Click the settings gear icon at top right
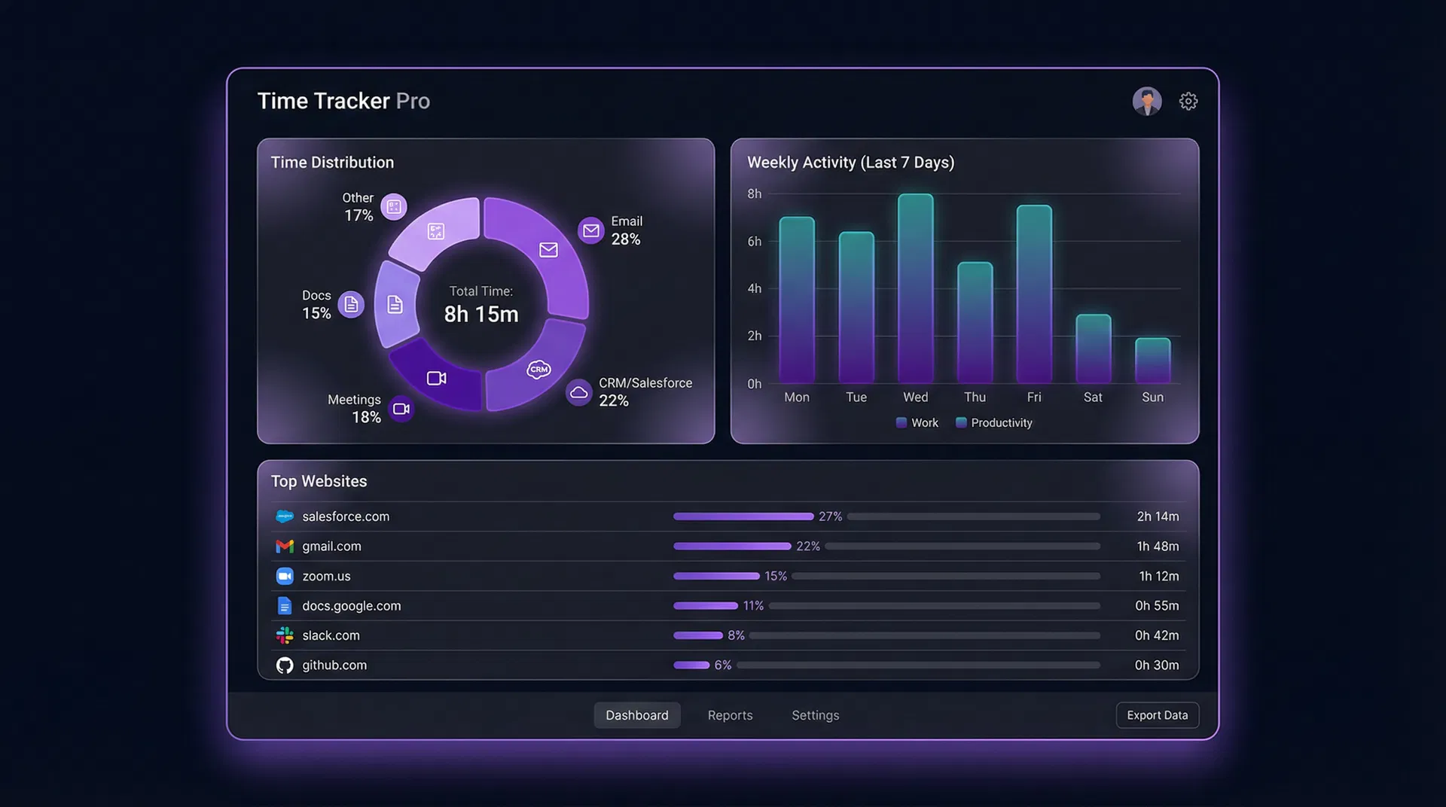pyautogui.click(x=1188, y=101)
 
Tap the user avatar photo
pyautogui.click(x=1146, y=101)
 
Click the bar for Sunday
pyautogui.click(x=1152, y=361)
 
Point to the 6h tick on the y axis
pyautogui.click(x=754, y=242)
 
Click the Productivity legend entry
pyautogui.click(x=994, y=423)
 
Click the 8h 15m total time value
pyautogui.click(x=481, y=314)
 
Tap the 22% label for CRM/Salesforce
pyautogui.click(x=614, y=401)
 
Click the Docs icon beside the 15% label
pyautogui.click(x=351, y=304)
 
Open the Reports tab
pyautogui.click(x=730, y=715)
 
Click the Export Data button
pyautogui.click(x=1157, y=715)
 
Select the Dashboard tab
pyautogui.click(x=636, y=715)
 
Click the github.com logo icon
pyautogui.click(x=285, y=665)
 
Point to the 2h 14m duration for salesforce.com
pyautogui.click(x=1158, y=516)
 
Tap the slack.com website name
pyautogui.click(x=331, y=635)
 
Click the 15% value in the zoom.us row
pyautogui.click(x=775, y=576)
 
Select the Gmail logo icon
pyautogui.click(x=285, y=547)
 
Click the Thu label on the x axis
pyautogui.click(x=975, y=397)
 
